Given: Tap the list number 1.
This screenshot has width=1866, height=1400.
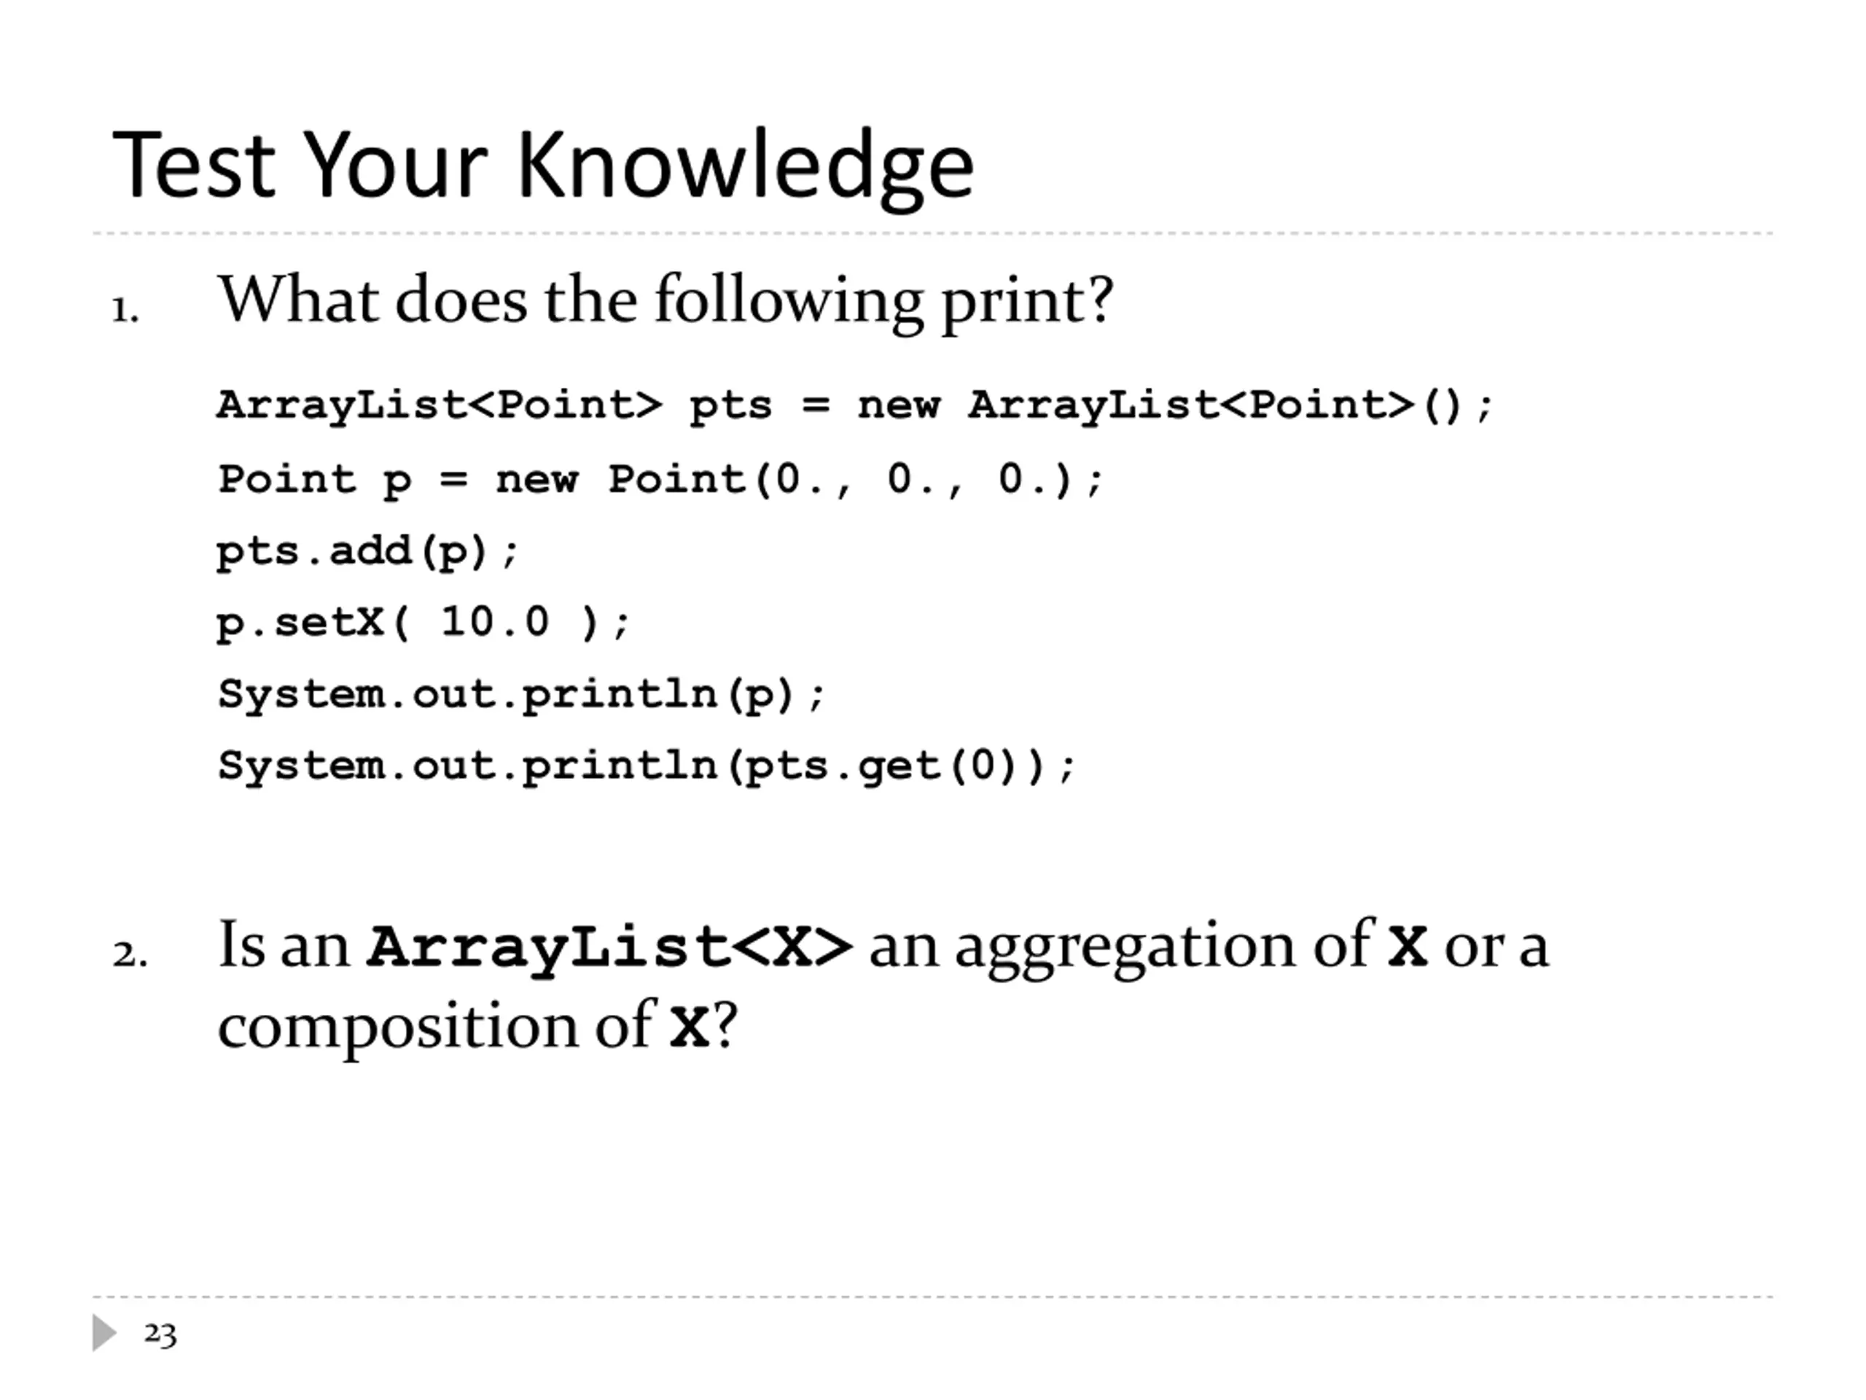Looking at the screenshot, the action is click(125, 311).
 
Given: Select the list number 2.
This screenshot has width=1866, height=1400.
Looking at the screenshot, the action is click(130, 954).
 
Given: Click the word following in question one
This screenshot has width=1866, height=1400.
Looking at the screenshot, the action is click(788, 302).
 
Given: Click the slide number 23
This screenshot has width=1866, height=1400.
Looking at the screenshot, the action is click(160, 1334).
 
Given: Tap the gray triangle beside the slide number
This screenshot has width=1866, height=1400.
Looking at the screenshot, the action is click(104, 1332).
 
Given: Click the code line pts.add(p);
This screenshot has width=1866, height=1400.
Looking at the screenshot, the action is click(368, 553).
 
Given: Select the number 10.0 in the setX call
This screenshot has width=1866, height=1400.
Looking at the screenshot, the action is click(494, 622).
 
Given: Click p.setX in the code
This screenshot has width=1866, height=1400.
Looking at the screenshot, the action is click(300, 623).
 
